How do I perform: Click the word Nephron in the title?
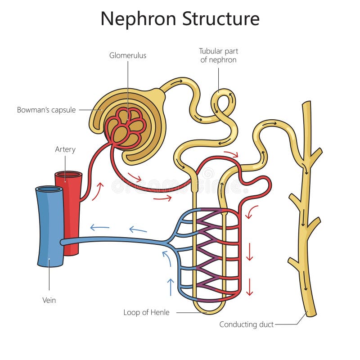click(139, 19)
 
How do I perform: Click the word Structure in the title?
click(221, 19)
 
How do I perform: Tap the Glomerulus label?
click(128, 56)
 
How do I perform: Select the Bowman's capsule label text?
click(46, 109)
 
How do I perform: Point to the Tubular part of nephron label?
click(219, 55)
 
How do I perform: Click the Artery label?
click(65, 149)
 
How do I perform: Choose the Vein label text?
click(49, 300)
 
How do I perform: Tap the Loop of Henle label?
click(146, 312)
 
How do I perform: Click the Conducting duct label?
click(247, 324)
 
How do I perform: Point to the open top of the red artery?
click(68, 174)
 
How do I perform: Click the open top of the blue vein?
click(49, 189)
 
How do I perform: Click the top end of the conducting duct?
click(306, 104)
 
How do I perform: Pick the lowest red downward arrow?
click(250, 287)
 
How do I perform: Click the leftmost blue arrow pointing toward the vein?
click(99, 227)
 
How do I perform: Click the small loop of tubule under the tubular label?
click(224, 103)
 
